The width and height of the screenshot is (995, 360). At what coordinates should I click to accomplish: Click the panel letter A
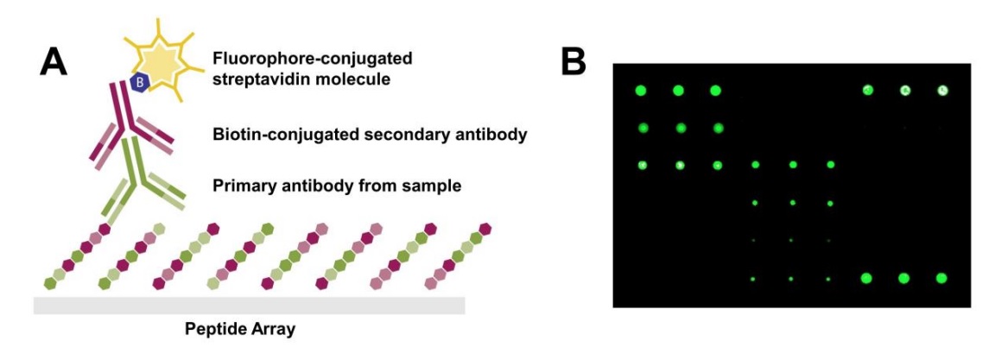(x=54, y=63)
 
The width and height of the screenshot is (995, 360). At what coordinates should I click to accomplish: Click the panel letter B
(x=574, y=63)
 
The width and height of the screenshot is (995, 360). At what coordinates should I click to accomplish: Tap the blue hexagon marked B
(x=138, y=81)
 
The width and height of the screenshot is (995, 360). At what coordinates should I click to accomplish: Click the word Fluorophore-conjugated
(x=313, y=59)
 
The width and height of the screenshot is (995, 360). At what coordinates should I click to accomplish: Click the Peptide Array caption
(x=240, y=330)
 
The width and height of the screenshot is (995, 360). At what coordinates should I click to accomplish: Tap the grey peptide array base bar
(x=250, y=306)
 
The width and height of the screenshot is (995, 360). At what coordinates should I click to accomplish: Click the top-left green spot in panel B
(x=640, y=91)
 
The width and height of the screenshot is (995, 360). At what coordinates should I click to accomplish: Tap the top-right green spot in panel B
(x=942, y=90)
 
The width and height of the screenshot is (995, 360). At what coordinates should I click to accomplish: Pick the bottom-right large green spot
(x=941, y=278)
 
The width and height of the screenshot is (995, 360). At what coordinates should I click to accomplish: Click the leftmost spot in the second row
(x=643, y=128)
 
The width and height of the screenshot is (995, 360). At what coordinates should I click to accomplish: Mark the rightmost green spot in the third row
(x=831, y=165)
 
